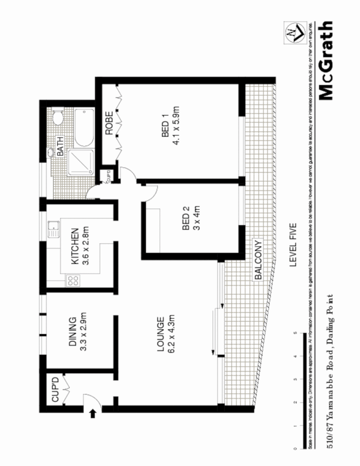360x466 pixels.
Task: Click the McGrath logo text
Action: tap(326, 61)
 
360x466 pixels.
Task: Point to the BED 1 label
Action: tap(165, 128)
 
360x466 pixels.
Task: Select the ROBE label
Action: tap(109, 123)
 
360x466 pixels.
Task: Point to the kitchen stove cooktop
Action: tap(73, 281)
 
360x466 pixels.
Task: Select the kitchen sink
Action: tap(53, 227)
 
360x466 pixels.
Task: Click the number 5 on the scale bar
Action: tap(295, 334)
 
